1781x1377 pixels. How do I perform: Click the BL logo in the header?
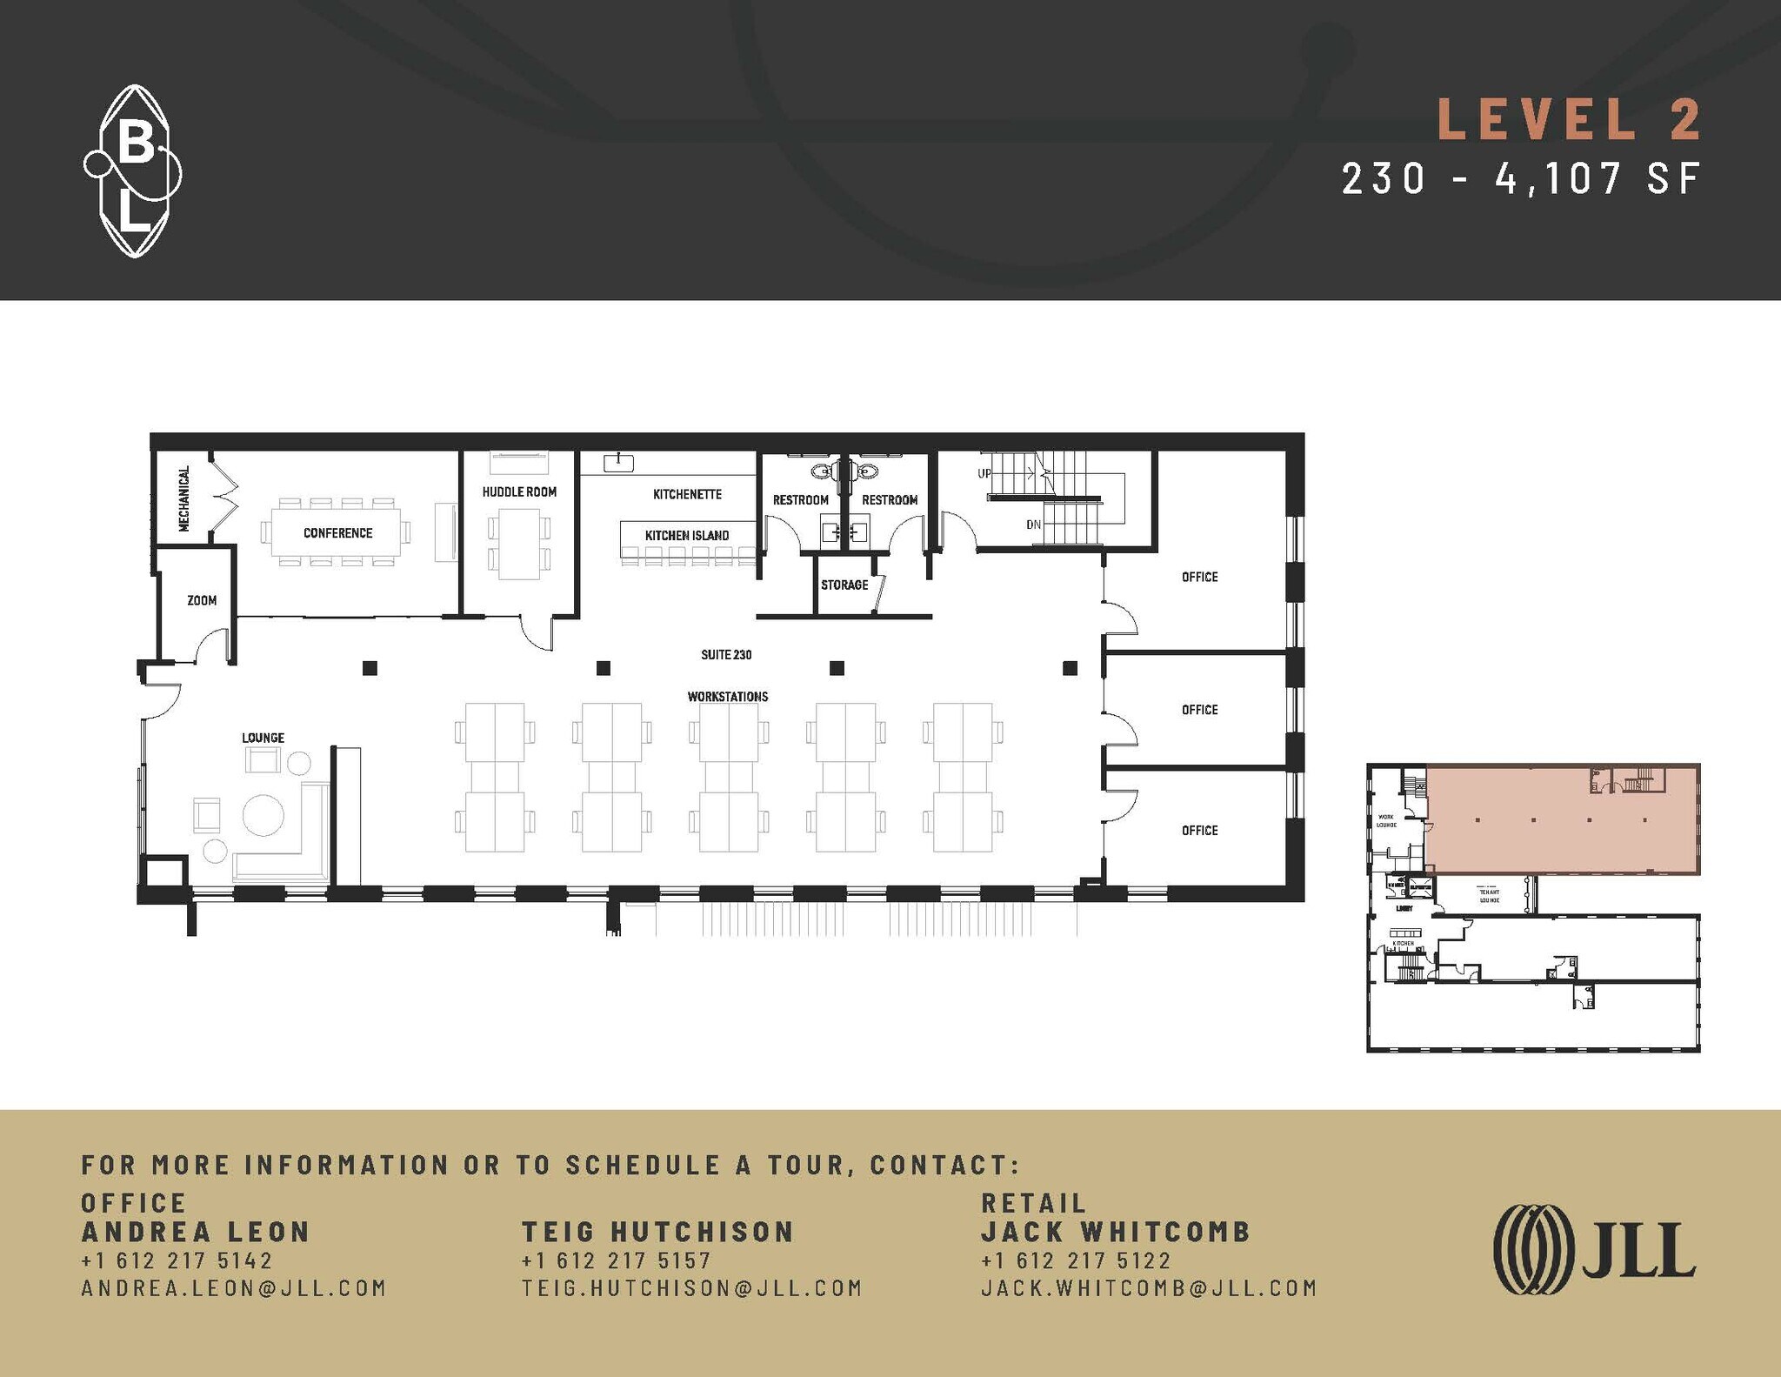coord(133,171)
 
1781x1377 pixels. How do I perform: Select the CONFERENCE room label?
coord(337,533)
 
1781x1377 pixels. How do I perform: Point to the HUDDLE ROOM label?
coord(519,492)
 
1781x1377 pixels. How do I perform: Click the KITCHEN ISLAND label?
coord(687,536)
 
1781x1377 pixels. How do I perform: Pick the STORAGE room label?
coord(844,585)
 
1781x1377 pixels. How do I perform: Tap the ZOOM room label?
coord(202,601)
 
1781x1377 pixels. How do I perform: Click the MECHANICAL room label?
coord(183,498)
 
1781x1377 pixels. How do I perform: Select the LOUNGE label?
coord(263,739)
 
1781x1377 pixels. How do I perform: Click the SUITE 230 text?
coord(726,655)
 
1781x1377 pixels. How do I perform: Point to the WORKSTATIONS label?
coord(728,697)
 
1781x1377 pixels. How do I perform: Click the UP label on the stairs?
coord(984,474)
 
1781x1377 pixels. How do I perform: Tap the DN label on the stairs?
coord(1033,525)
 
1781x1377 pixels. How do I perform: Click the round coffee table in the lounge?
coord(263,815)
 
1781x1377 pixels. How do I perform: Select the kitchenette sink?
coord(618,463)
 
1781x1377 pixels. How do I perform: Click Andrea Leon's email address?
coord(233,1288)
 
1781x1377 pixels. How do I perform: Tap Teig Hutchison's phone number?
coord(616,1260)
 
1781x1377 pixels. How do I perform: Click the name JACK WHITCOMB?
coord(1116,1232)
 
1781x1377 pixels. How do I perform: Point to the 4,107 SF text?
coord(1598,179)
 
